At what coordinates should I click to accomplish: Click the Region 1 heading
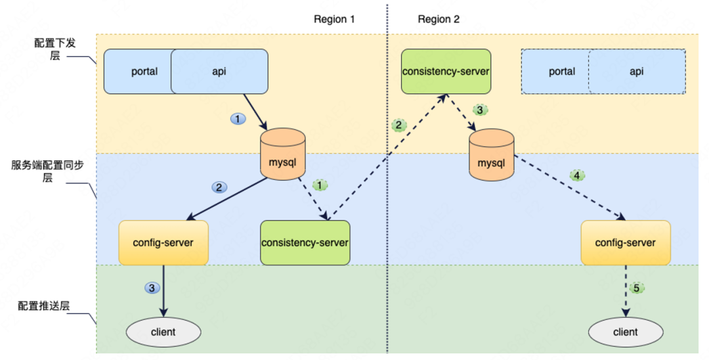[334, 19]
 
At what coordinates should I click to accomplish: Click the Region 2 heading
[439, 19]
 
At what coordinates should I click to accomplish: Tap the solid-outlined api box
[219, 72]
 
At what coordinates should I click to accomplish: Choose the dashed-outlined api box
[637, 72]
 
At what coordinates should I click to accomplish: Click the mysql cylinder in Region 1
[283, 154]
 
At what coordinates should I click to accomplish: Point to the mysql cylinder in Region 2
[492, 154]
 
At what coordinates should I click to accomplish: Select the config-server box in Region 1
[164, 242]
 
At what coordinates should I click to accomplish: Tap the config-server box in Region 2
[626, 242]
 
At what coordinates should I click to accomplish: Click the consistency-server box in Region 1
[305, 242]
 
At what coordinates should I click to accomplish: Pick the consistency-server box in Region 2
[446, 71]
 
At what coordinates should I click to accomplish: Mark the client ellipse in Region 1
[163, 332]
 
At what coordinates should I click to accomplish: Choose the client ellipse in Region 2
[626, 332]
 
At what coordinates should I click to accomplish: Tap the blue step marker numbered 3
[152, 288]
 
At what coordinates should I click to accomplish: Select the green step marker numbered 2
[398, 125]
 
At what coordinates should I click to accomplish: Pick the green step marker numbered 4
[576, 175]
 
